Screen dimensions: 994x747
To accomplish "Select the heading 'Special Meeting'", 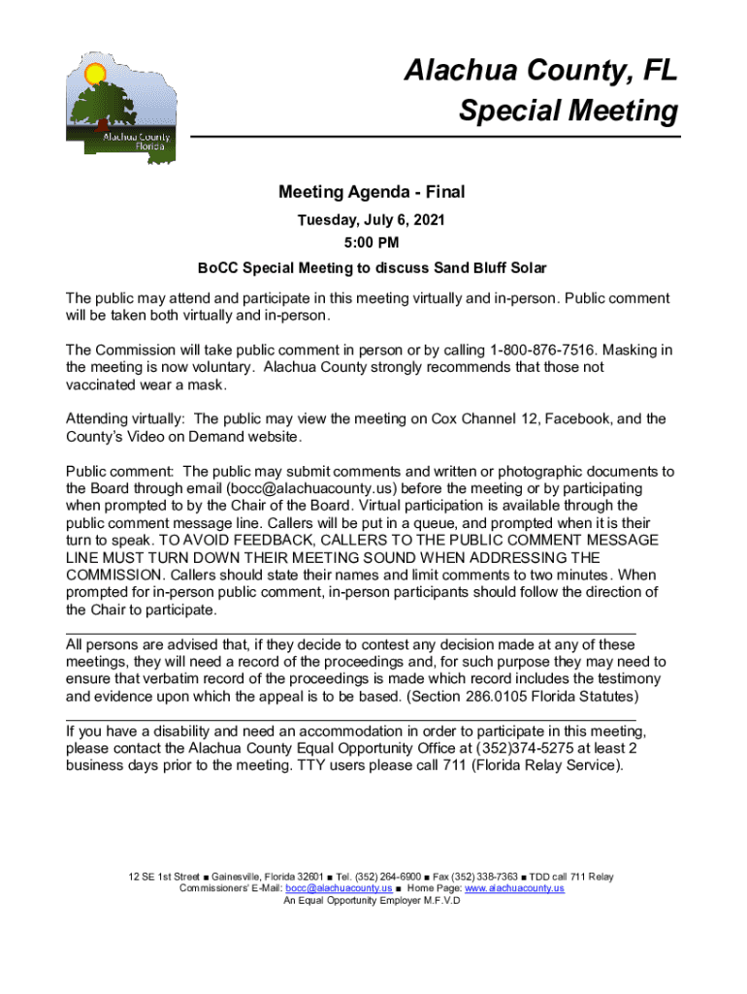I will (x=568, y=112).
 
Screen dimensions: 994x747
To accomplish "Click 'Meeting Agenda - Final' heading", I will (x=373, y=193).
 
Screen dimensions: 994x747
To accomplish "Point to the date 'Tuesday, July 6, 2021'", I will (x=373, y=220).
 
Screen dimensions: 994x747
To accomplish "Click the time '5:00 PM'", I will (x=373, y=243).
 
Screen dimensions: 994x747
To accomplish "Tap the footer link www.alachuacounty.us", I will (x=514, y=888).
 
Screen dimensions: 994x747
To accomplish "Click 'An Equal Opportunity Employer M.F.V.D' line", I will (x=373, y=900).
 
